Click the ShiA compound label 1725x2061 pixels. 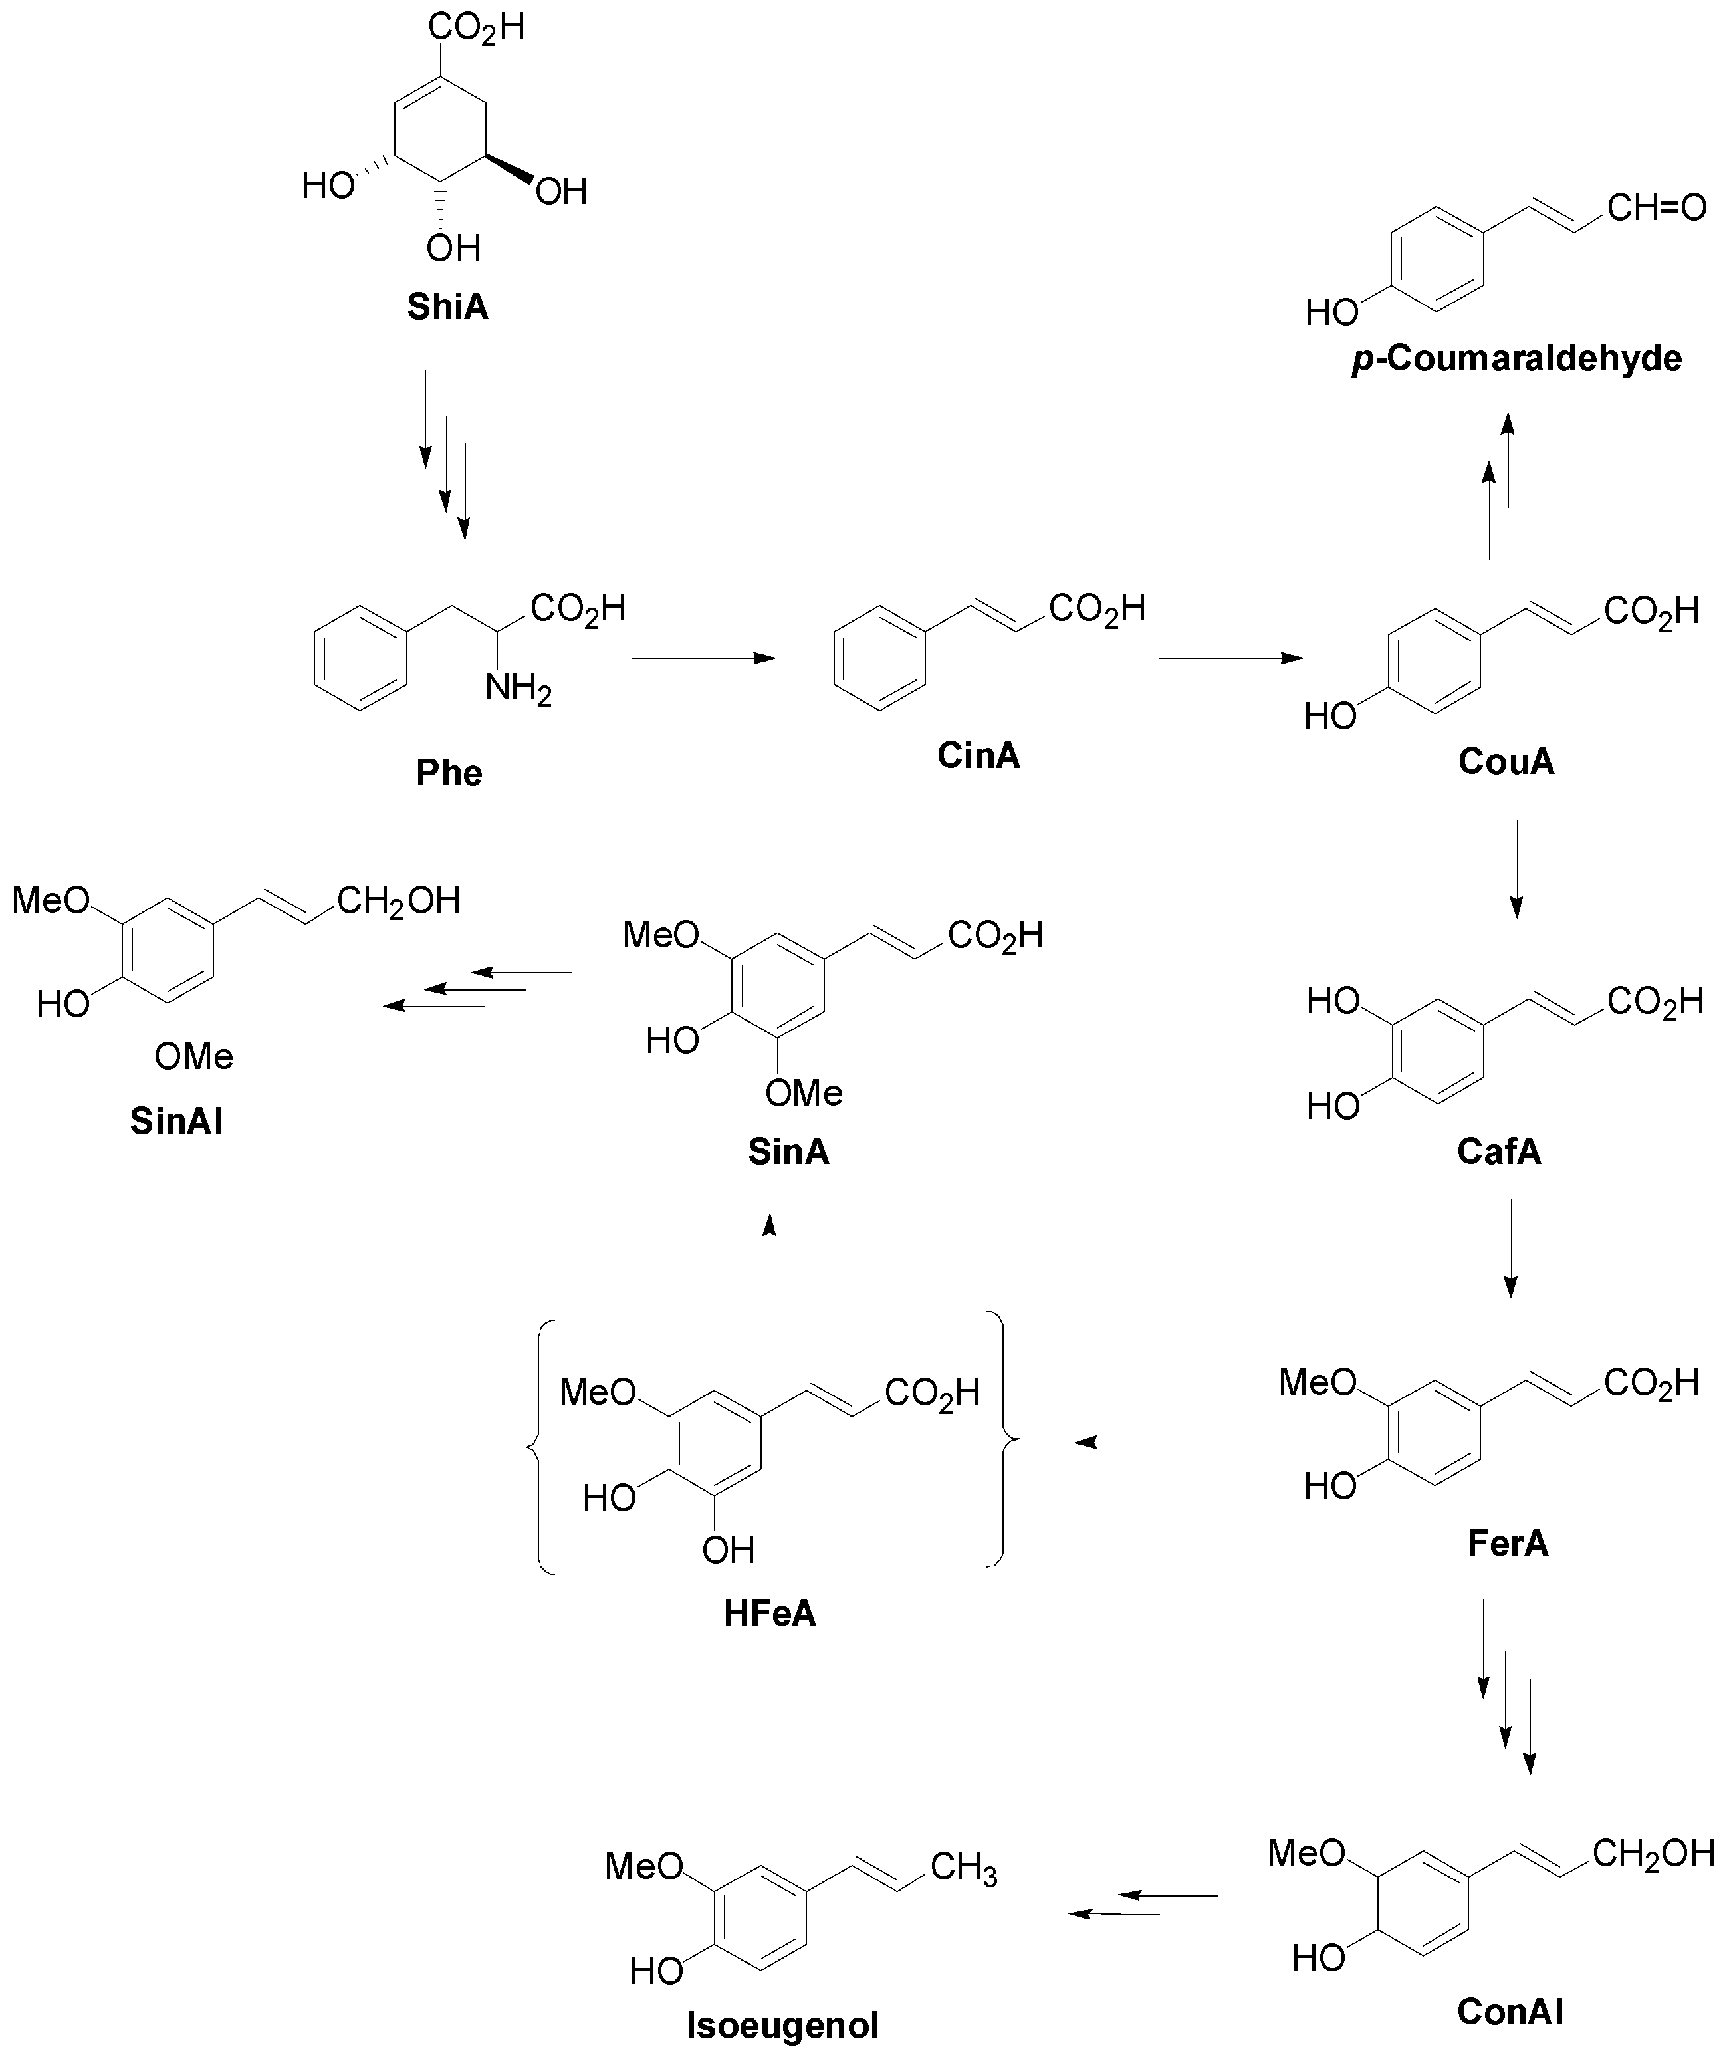[447, 307]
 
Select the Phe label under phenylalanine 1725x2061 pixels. [449, 773]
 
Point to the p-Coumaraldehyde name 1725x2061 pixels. [1516, 359]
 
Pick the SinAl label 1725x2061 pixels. [177, 1121]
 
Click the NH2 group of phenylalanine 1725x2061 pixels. [517, 689]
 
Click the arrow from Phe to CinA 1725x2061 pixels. [703, 659]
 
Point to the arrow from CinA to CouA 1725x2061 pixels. [1230, 659]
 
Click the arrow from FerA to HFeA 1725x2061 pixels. [1145, 1443]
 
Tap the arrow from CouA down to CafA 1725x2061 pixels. [1516, 868]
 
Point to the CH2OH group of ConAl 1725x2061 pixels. [1653, 1853]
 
